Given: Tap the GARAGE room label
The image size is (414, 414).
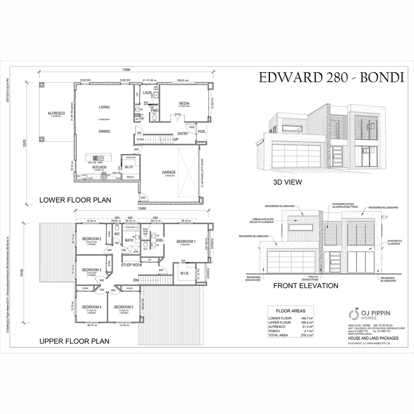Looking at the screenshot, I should point(168,172).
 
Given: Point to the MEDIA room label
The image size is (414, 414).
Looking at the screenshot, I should point(184,103).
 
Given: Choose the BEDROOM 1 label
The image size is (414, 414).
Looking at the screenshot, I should point(186,242).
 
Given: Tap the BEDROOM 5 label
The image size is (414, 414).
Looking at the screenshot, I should point(124,307).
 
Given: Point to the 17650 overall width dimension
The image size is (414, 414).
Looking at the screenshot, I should point(127,70).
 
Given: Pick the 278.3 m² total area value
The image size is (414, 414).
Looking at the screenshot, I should point(307,335).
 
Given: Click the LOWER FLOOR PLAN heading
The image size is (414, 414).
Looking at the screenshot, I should point(75,200).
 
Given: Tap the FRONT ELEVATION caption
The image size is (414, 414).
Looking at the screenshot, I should point(305,286).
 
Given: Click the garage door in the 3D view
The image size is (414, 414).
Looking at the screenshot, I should point(296,154).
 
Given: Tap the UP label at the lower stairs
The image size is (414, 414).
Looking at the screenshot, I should point(176,139).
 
